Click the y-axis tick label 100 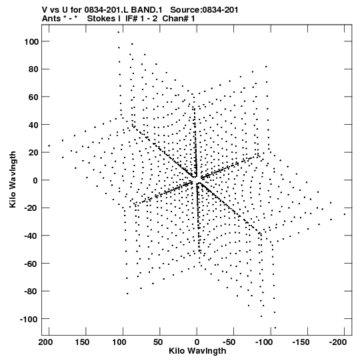click(x=32, y=41)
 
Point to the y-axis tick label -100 click(x=29, y=320)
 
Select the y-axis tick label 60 click(x=33, y=97)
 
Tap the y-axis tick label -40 click(x=31, y=236)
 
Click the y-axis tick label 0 click(x=35, y=180)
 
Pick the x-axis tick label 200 click(x=45, y=342)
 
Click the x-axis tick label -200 click(x=337, y=342)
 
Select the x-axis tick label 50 click(x=158, y=342)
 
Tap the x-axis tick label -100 click(x=264, y=342)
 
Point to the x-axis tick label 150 click(x=82, y=342)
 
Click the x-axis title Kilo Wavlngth click(x=197, y=351)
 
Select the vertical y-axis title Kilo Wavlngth click(x=13, y=179)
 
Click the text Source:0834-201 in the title click(x=204, y=10)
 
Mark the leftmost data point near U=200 click(x=49, y=145)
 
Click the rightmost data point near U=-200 click(x=345, y=214)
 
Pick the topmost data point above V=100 click(x=119, y=32)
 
